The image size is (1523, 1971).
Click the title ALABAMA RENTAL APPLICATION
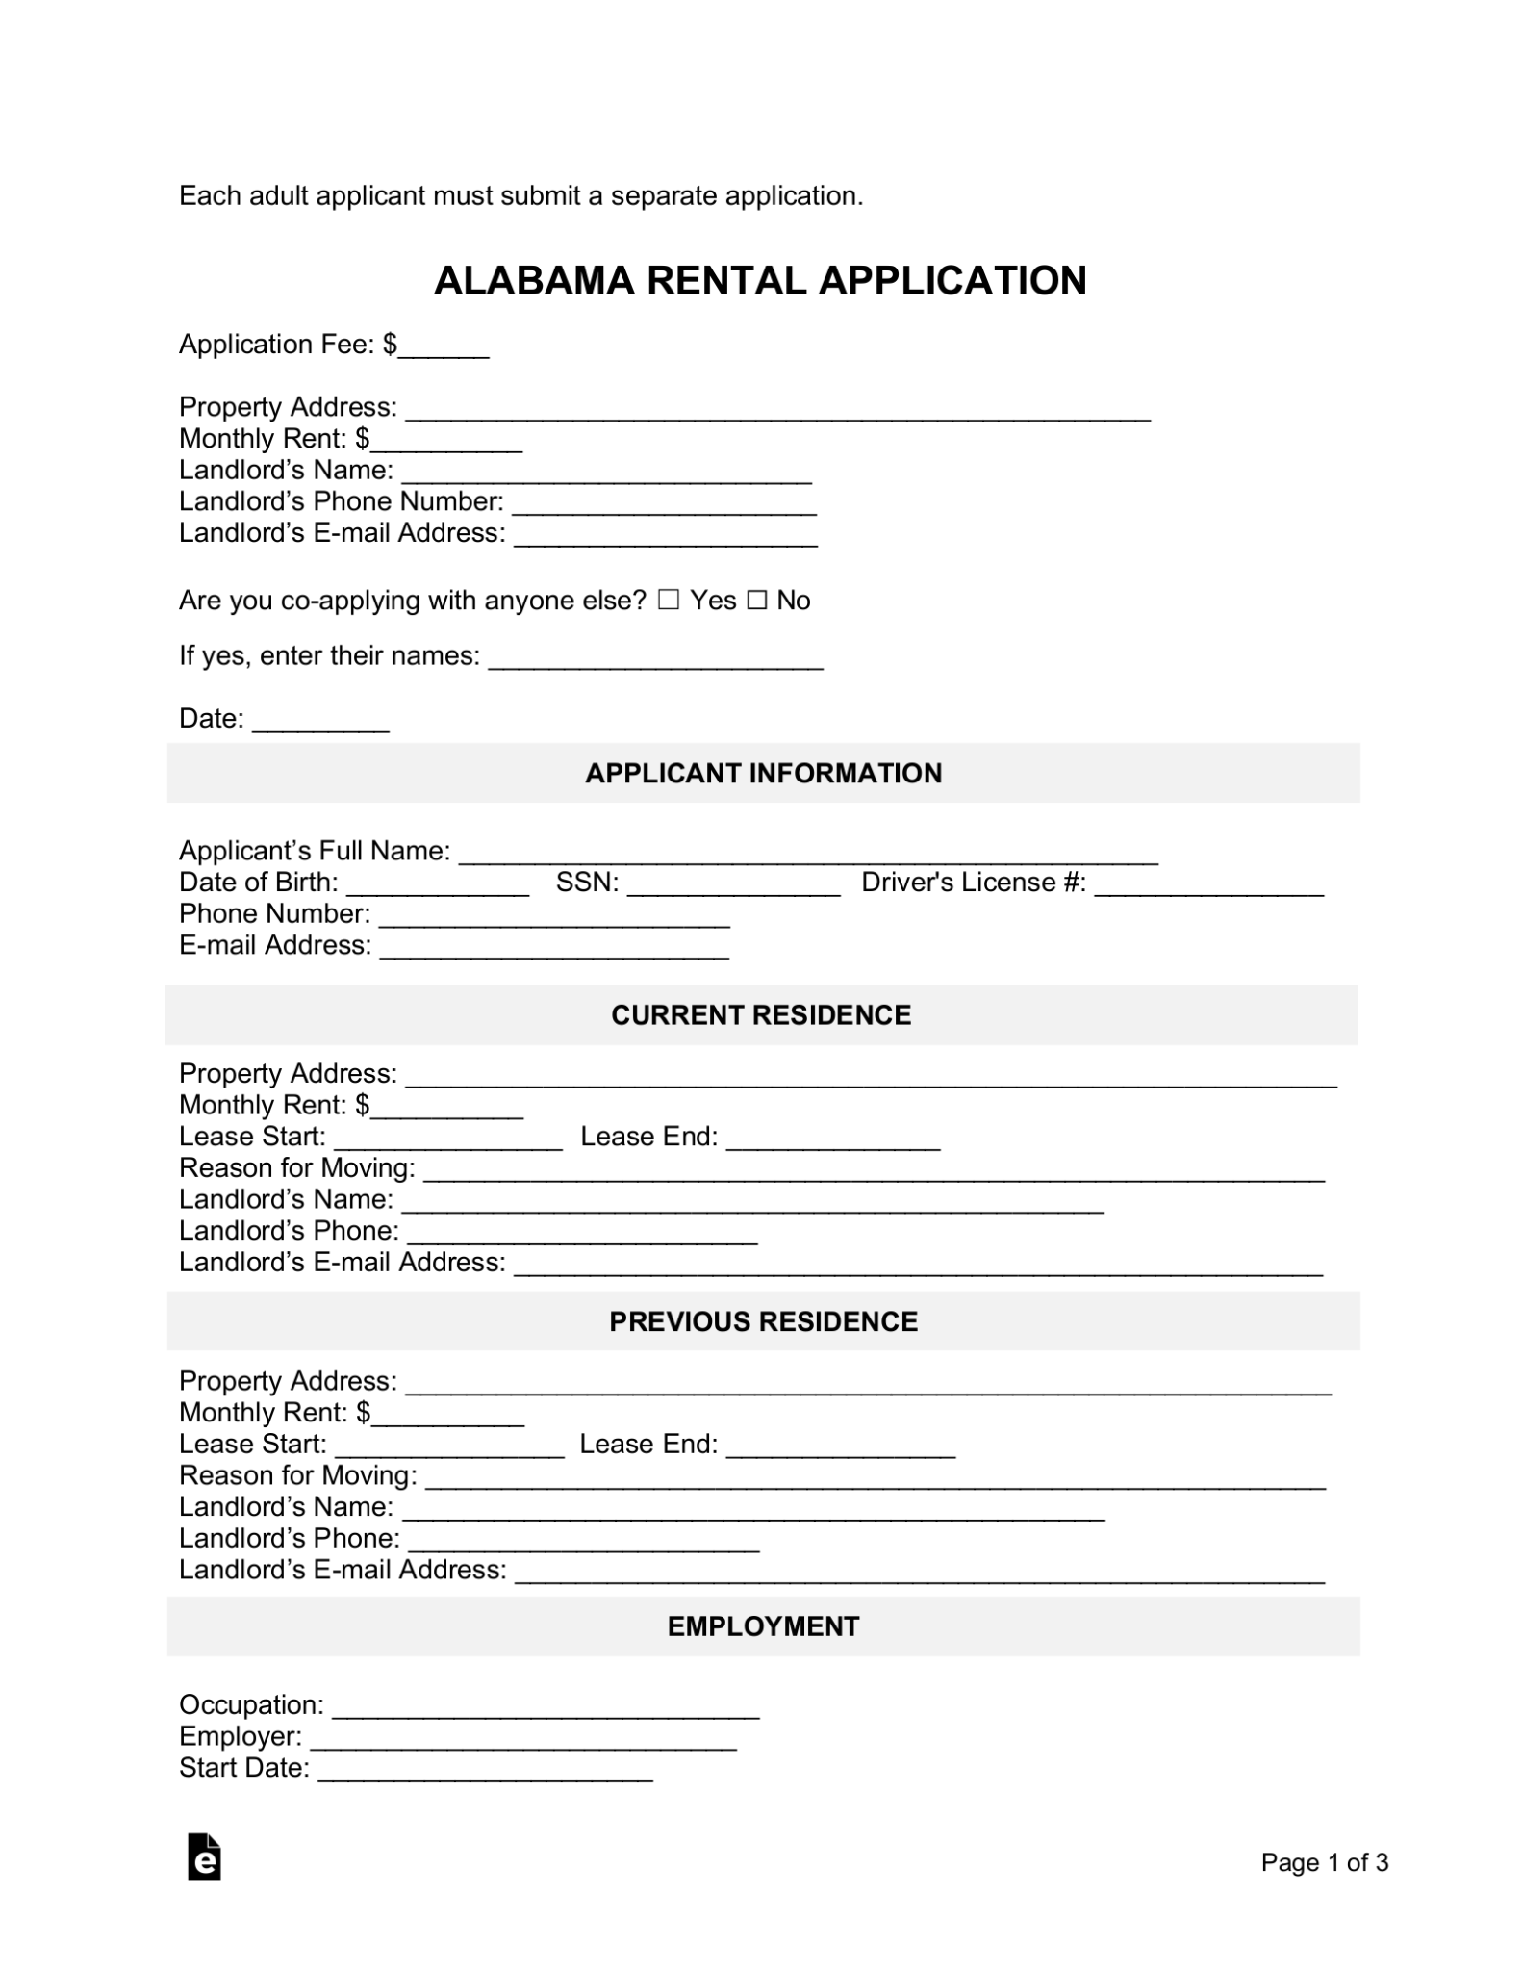760,281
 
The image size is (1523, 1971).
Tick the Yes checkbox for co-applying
669,601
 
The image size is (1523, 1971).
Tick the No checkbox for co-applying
758,601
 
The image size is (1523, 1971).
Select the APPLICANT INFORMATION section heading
763,773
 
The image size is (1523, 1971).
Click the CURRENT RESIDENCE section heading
760,1015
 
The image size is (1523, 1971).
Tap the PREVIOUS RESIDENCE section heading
763,1321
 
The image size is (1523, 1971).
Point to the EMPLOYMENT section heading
763,1626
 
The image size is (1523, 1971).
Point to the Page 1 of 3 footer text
1324,1863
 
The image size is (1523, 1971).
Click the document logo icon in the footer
204,1857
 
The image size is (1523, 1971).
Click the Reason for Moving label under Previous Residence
297,1475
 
